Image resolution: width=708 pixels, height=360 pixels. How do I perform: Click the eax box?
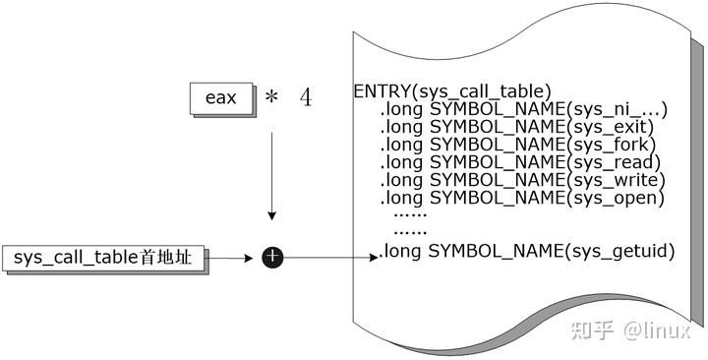[x=219, y=98]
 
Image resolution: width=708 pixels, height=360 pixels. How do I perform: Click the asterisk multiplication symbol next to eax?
[x=271, y=98]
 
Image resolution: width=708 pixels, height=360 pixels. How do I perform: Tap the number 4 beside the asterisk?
[x=306, y=98]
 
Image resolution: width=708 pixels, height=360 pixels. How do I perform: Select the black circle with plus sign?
[x=272, y=258]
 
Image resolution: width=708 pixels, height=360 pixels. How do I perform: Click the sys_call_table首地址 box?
[x=104, y=258]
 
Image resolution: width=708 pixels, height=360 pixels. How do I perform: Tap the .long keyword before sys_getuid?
[x=401, y=252]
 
